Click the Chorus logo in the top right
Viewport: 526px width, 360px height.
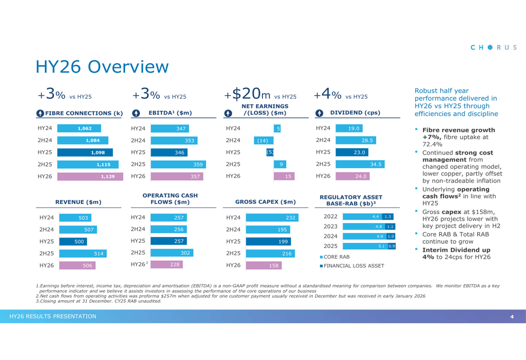point(493,47)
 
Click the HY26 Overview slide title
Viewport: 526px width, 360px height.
point(102,67)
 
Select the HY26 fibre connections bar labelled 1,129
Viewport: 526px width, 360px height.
point(86,177)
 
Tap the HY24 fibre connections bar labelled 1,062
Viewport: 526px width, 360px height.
point(78,128)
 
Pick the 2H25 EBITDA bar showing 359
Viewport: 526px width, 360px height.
point(178,164)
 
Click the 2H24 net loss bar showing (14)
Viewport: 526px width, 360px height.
point(262,140)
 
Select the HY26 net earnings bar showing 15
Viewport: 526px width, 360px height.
point(284,177)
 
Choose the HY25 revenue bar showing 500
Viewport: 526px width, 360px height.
point(73,242)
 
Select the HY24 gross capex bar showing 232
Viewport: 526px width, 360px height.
point(272,218)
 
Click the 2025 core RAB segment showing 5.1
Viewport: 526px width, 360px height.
point(365,246)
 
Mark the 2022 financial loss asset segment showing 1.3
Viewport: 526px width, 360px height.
point(388,217)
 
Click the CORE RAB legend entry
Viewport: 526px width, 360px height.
point(335,256)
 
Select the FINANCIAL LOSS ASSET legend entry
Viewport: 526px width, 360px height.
point(352,265)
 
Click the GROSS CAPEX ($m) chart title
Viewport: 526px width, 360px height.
point(265,202)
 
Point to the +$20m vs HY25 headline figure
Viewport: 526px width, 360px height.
point(260,94)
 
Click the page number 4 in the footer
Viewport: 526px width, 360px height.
point(511,316)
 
